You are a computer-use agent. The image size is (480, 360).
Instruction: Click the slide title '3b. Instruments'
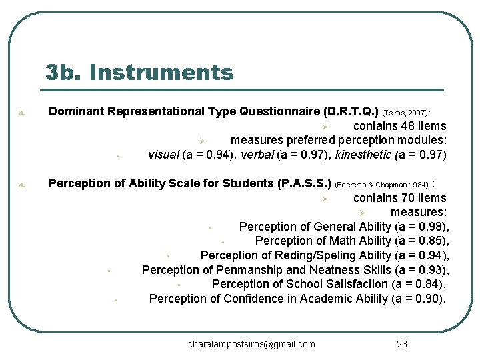click(x=140, y=72)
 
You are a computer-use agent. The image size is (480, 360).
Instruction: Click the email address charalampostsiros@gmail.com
click(x=251, y=344)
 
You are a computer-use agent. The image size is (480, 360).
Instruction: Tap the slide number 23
click(x=402, y=344)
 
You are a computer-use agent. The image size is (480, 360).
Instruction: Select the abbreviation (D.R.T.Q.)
click(x=351, y=111)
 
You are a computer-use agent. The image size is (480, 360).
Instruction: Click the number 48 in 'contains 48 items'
click(x=403, y=126)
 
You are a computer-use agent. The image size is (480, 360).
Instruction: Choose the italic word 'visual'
click(x=163, y=155)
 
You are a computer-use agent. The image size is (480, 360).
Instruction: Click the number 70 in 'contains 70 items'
click(x=403, y=198)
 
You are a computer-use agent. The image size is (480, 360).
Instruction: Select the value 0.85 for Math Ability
click(x=427, y=241)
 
